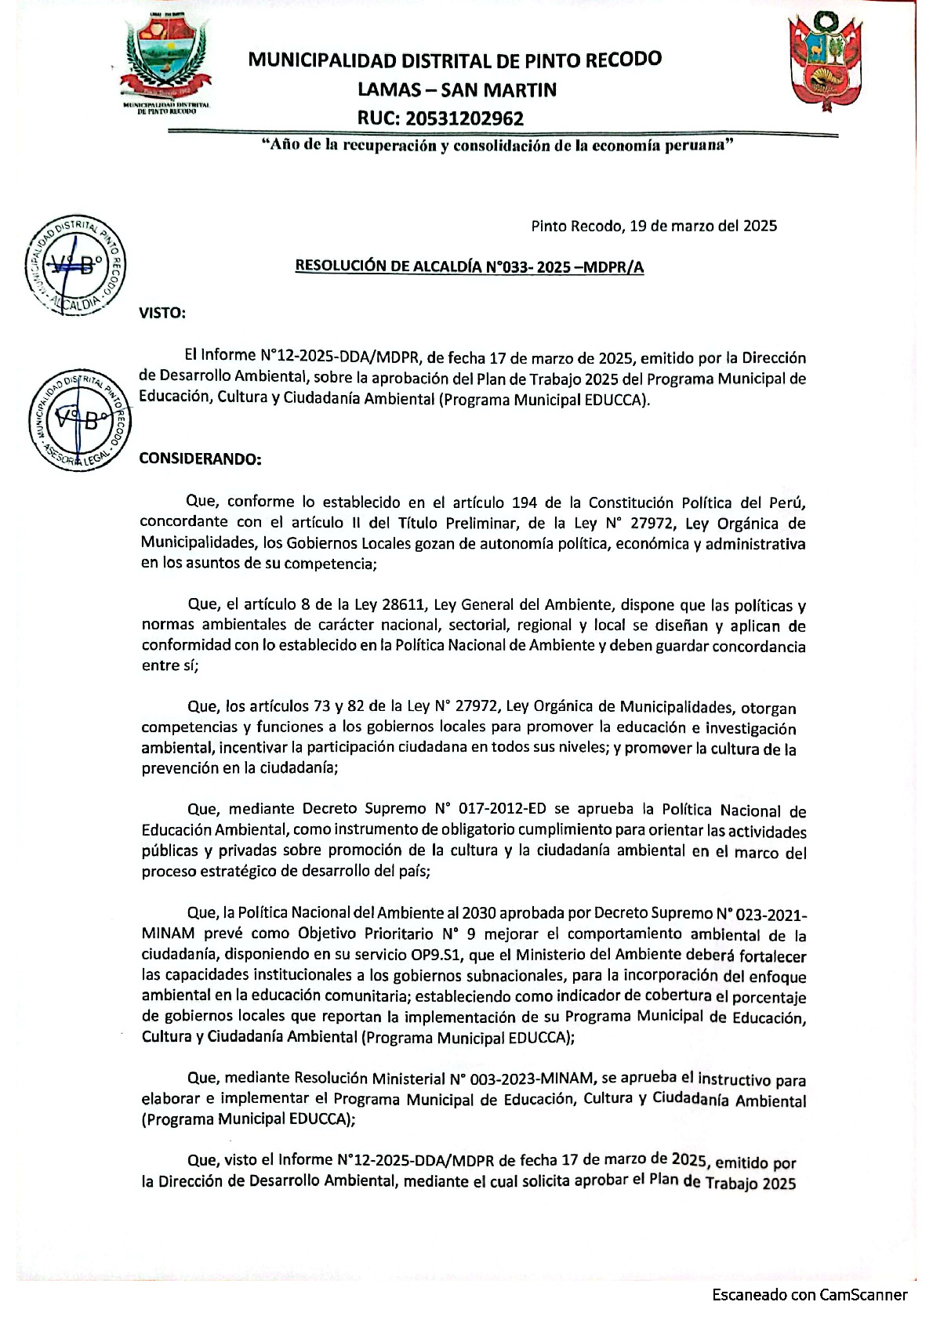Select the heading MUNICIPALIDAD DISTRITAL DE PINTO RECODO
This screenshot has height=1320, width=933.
coord(455,60)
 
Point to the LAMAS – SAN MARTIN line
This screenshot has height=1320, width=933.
coord(457,89)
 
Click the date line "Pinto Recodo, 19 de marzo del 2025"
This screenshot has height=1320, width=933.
coord(654,227)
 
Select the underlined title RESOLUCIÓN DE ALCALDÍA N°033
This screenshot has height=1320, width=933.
coord(469,267)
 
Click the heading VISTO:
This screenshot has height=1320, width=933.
coord(162,313)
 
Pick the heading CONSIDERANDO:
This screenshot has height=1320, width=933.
coord(200,459)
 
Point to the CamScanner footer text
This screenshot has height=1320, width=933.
coord(809,1294)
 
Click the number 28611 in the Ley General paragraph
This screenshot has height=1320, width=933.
coord(404,604)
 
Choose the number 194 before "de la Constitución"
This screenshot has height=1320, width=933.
coord(525,502)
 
